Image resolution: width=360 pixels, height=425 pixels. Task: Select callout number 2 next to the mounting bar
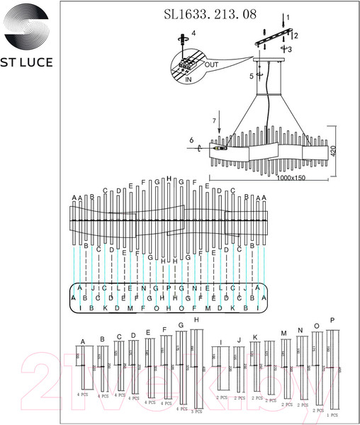[296, 35]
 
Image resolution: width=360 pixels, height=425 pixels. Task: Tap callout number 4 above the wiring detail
[193, 33]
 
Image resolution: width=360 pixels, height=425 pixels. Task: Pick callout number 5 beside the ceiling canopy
[252, 76]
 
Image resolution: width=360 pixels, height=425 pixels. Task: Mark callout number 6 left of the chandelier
[191, 141]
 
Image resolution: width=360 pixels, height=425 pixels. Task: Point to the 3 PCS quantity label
[196, 410]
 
